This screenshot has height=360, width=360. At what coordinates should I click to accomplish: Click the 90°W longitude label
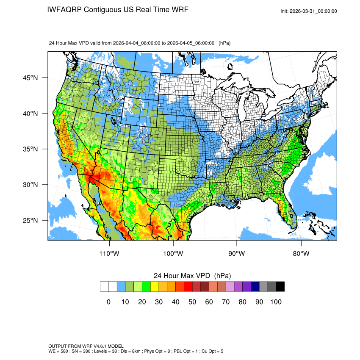pos(237,254)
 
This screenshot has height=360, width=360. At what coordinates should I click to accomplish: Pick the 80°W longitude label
pos(301,254)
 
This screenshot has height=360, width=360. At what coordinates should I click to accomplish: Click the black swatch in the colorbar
pos(280,287)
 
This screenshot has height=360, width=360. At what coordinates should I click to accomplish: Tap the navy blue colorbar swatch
pos(255,287)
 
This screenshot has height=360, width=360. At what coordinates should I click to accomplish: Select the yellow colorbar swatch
pos(155,287)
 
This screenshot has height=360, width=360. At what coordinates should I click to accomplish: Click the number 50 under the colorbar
pos(192,302)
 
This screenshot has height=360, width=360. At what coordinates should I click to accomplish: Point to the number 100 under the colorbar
pos(275,302)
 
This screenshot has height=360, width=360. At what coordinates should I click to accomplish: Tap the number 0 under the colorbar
pos(108,302)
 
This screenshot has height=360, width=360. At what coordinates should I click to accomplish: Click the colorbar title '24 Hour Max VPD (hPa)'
pos(192,276)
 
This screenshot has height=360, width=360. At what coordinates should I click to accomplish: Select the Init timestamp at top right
pos(309,11)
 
